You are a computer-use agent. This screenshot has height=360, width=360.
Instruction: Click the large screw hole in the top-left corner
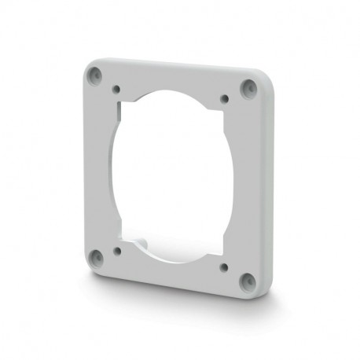95,75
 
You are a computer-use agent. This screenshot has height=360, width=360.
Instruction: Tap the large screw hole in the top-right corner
249,86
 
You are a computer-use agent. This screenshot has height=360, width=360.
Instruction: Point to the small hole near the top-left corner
116,90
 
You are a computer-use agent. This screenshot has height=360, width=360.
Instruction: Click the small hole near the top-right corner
225,98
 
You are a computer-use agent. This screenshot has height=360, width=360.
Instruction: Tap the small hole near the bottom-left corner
117,252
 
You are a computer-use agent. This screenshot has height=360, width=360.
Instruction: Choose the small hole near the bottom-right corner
224,267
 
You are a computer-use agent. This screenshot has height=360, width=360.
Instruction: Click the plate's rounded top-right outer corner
259,79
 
